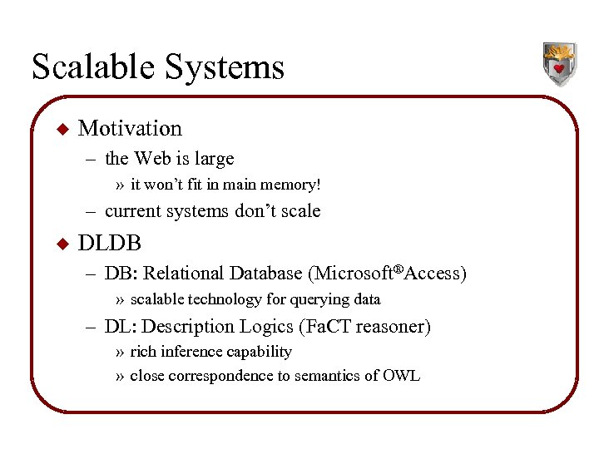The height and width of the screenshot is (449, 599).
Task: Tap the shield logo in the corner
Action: click(x=559, y=64)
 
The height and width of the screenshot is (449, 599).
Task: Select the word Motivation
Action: click(x=129, y=129)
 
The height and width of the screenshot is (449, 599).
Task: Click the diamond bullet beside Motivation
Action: click(x=60, y=129)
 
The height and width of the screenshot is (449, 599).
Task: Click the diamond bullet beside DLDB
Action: click(x=60, y=244)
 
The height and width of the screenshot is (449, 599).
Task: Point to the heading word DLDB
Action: click(x=109, y=244)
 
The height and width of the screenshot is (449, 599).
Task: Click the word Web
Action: click(x=152, y=159)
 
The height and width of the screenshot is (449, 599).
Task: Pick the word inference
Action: click(x=197, y=352)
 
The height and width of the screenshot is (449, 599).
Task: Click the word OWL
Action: click(x=401, y=376)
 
